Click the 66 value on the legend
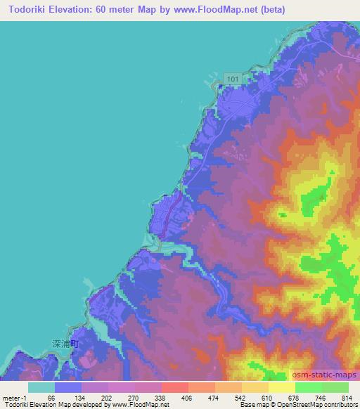pos(51,397)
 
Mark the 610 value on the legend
pos(266,397)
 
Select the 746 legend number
pos(319,397)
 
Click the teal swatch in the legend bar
pos(41,387)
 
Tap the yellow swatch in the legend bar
pos(282,387)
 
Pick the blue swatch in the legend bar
pos(68,387)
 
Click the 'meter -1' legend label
pos(15,397)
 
